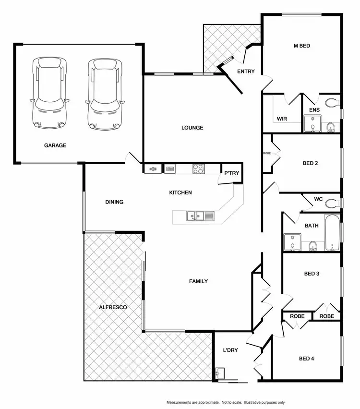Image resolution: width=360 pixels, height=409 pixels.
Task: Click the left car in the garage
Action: (x=48, y=94)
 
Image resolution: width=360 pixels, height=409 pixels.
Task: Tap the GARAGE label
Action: (x=55, y=145)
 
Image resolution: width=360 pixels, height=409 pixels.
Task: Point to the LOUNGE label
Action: (x=192, y=128)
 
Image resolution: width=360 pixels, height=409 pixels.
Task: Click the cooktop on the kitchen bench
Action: (x=198, y=168)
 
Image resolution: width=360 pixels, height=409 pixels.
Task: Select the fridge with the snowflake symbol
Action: (x=153, y=168)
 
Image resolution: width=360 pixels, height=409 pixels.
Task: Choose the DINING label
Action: (x=114, y=202)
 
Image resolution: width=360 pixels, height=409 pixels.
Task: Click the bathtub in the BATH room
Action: (x=332, y=233)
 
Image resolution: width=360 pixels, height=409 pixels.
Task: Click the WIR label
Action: (x=282, y=118)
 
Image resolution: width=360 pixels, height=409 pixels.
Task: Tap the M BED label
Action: (x=301, y=46)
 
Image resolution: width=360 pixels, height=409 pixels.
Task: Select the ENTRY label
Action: (x=246, y=72)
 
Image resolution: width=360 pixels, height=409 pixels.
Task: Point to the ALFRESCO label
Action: (x=113, y=307)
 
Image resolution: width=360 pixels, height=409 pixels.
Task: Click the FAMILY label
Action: (x=198, y=281)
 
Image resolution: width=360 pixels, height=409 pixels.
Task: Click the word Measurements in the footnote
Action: (x=181, y=402)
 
